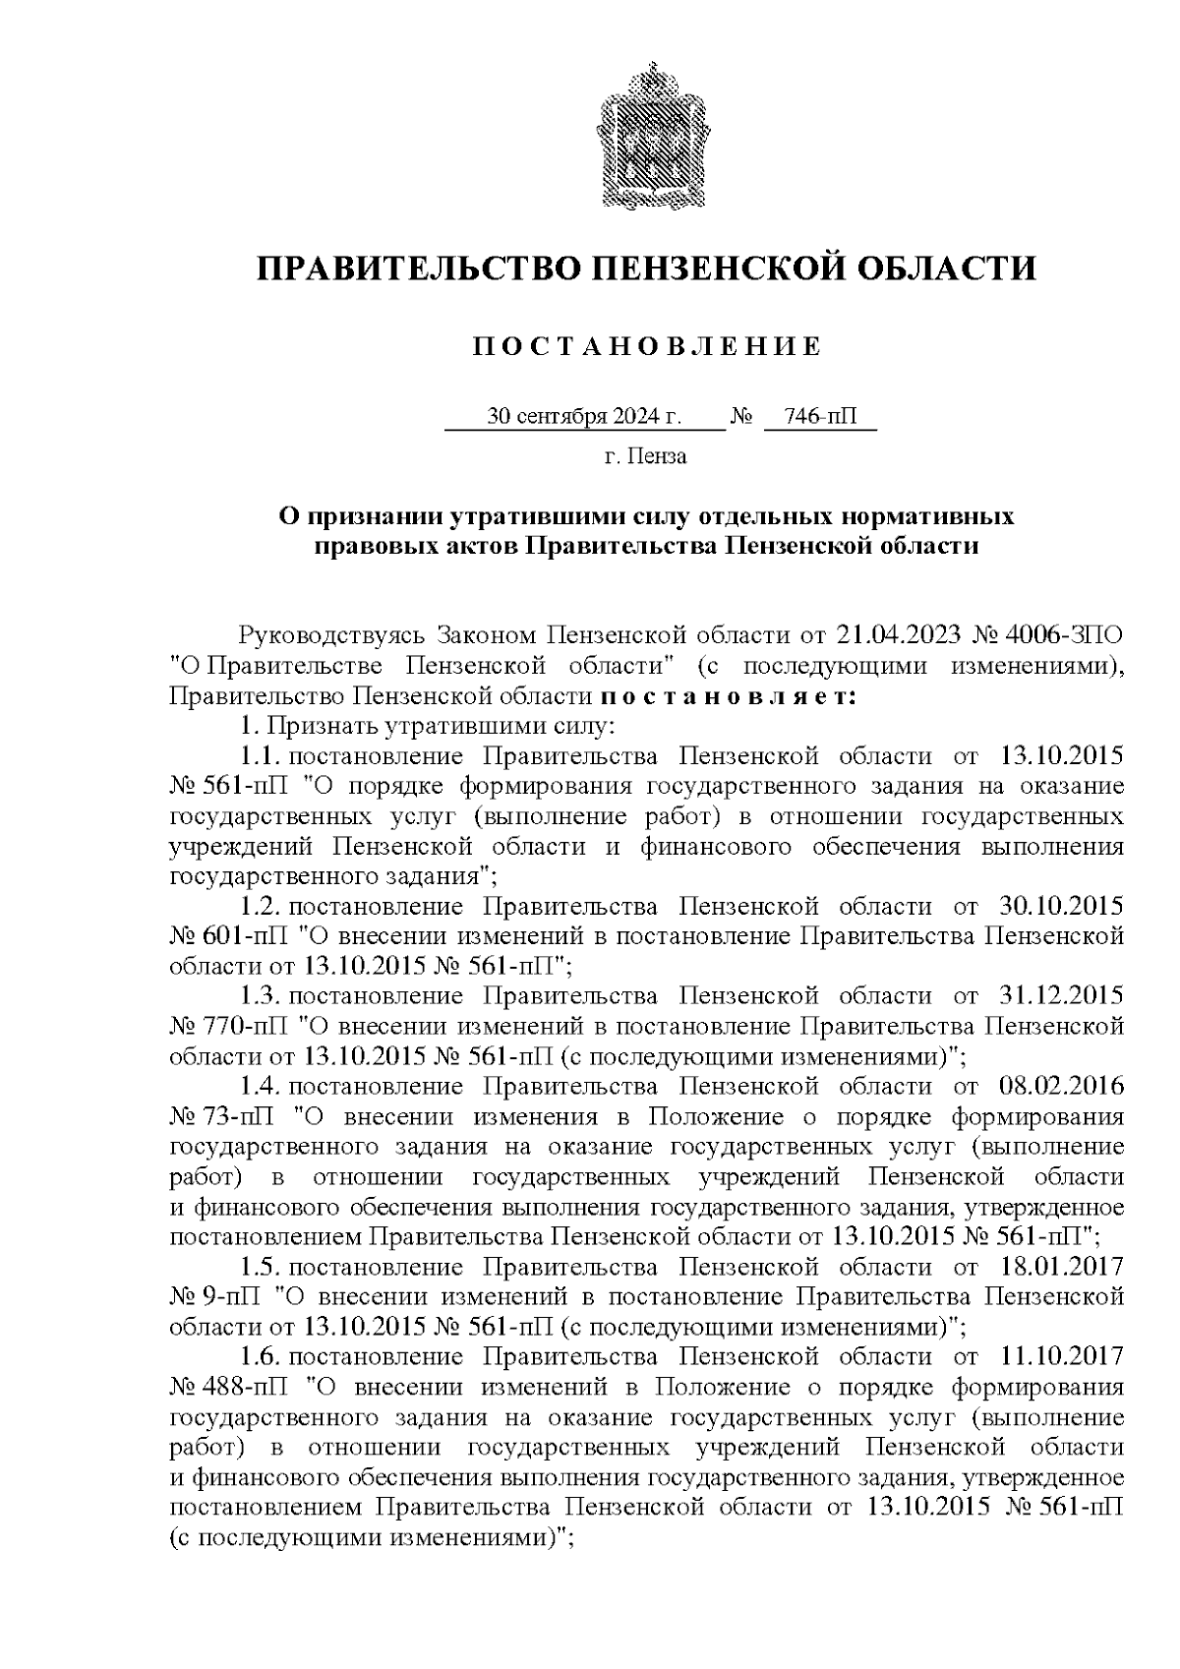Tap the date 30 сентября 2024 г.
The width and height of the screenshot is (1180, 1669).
584,417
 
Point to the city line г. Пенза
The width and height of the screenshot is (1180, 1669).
646,456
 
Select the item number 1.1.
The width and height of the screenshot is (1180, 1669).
262,756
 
